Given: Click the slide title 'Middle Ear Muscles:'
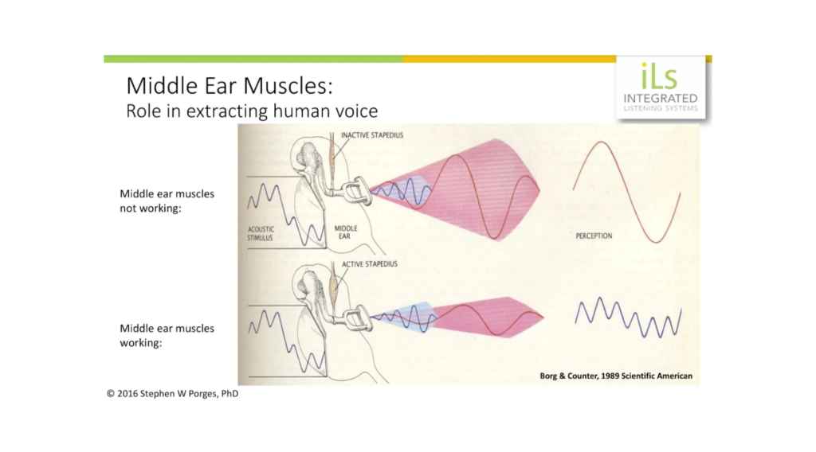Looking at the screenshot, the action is point(229,86).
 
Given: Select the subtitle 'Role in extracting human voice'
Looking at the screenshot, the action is point(252,111).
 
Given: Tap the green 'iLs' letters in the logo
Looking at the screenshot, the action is point(659,76).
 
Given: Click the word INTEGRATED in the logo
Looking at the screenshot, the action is point(661,98).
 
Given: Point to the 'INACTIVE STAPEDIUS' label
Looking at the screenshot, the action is point(372,135).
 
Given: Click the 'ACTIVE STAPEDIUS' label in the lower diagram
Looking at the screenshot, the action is point(370,264).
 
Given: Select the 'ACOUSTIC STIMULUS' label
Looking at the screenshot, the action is point(261,233).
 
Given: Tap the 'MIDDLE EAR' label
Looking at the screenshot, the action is point(346,232).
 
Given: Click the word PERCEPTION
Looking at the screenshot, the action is point(594,236).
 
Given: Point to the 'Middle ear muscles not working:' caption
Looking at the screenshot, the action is point(167,201).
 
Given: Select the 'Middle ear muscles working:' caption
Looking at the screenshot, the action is point(167,336).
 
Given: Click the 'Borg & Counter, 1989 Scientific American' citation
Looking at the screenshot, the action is point(616,376).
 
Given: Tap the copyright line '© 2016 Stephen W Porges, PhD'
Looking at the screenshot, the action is point(173,393).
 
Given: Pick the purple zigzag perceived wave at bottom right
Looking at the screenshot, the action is point(628,317).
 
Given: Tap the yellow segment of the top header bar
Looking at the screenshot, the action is point(509,59).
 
